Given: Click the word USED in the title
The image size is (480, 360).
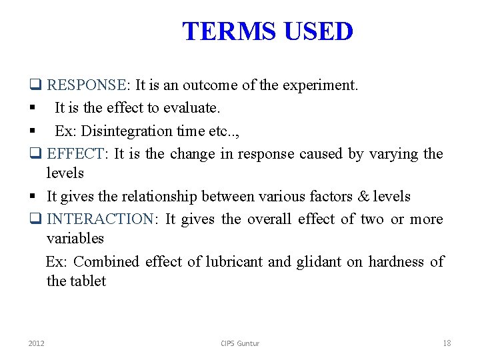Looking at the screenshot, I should pyautogui.click(x=318, y=31).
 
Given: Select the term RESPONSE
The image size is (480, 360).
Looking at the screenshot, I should pyautogui.click(x=87, y=85).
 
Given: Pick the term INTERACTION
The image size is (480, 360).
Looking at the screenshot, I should pyautogui.click(x=101, y=219).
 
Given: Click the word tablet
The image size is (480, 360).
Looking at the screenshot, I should pyautogui.click(x=88, y=281).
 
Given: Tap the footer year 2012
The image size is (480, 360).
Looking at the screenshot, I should pyautogui.click(x=37, y=343).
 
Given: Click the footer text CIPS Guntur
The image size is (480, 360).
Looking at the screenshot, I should pyautogui.click(x=240, y=343).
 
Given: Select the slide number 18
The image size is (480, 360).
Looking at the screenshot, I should pyautogui.click(x=447, y=343).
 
